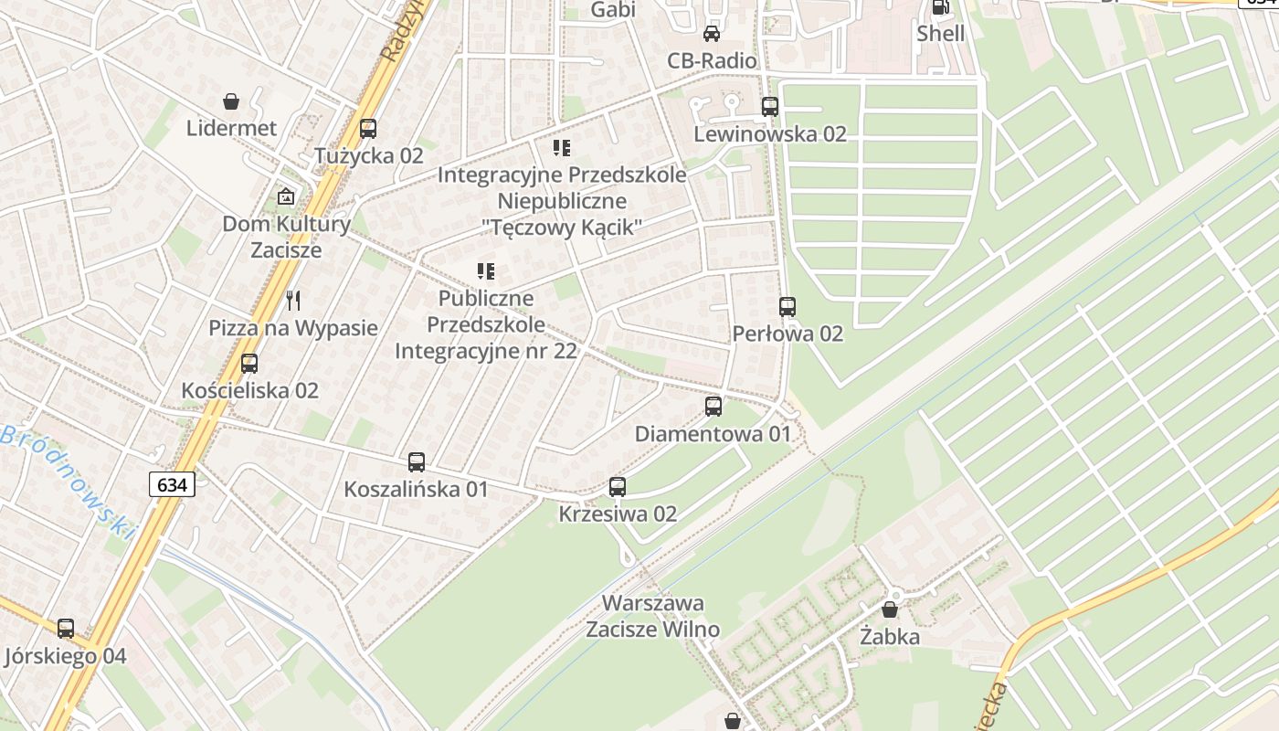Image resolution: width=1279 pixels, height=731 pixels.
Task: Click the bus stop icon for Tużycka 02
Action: click(368, 129)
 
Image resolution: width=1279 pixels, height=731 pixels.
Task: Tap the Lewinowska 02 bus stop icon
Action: click(770, 107)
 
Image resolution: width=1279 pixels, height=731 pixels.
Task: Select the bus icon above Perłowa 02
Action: click(787, 307)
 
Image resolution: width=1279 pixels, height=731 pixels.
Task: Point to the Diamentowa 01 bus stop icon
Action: click(713, 407)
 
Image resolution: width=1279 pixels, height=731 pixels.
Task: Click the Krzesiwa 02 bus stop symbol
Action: click(618, 487)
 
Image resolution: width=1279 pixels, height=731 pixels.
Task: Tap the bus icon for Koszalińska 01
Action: click(417, 462)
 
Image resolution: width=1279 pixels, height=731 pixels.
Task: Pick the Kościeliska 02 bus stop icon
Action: click(249, 364)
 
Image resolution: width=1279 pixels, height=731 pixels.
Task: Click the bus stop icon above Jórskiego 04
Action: click(66, 629)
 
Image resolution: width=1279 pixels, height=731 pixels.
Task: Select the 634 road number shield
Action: click(172, 484)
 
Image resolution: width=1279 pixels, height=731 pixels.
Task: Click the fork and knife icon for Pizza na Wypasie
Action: click(293, 301)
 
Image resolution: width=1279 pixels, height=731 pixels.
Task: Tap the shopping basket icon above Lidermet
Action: click(231, 101)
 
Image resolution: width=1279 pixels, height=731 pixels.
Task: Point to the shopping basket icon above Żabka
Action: click(890, 609)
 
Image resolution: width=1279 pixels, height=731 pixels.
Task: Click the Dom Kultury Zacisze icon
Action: click(286, 196)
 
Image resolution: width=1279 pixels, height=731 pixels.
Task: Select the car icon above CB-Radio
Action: click(712, 34)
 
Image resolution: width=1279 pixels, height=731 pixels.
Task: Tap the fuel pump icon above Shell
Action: click(940, 7)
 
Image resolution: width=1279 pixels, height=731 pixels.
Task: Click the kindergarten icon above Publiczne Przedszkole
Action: click(486, 271)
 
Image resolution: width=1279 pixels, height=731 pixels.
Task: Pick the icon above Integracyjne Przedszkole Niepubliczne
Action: click(562, 147)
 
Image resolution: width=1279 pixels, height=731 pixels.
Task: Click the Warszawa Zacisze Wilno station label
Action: click(652, 616)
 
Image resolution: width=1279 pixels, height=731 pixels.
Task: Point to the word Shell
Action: click(940, 34)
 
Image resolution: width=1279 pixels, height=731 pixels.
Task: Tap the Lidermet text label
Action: click(231, 128)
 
